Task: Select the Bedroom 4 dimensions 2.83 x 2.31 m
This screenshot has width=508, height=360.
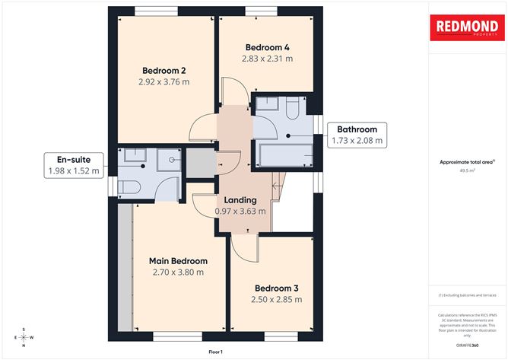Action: pyautogui.click(x=267, y=58)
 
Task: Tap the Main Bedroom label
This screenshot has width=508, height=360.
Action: pyautogui.click(x=178, y=261)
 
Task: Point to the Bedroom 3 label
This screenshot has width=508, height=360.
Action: pyautogui.click(x=276, y=288)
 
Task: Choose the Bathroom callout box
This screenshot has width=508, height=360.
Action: pyautogui.click(x=357, y=135)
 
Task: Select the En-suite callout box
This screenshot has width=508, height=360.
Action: pyautogui.click(x=74, y=165)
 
